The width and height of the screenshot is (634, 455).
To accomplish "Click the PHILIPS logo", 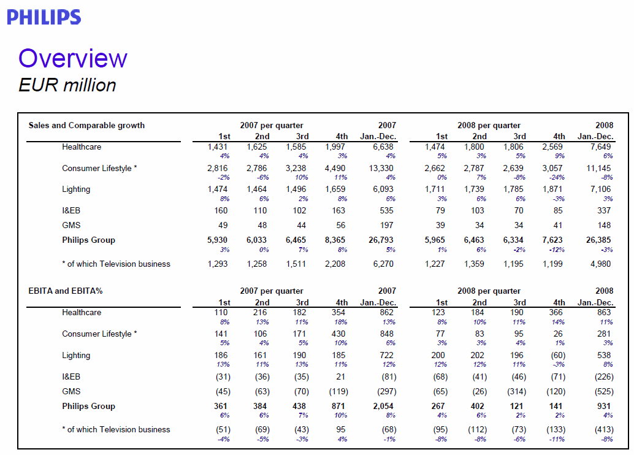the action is click(x=44, y=17).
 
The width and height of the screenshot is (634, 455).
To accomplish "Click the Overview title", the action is click(x=73, y=58).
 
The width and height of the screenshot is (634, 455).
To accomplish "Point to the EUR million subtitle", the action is click(x=67, y=85).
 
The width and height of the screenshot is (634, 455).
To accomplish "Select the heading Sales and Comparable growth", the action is click(x=86, y=125).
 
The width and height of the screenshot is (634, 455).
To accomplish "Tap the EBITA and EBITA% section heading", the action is click(x=66, y=291).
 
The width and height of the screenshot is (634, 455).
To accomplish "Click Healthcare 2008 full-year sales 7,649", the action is click(x=600, y=147).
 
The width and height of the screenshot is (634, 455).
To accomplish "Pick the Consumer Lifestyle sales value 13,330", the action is click(x=381, y=168).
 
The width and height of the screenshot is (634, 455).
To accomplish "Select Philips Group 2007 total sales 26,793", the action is click(x=381, y=240).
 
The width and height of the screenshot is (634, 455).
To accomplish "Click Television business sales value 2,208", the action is click(x=335, y=264).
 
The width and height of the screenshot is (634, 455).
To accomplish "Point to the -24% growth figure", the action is click(x=556, y=178).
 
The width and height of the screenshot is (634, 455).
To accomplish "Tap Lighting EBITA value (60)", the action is click(x=558, y=356).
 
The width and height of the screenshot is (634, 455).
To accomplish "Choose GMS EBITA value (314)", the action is click(x=517, y=391).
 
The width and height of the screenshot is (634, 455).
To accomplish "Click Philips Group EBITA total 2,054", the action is click(x=383, y=406).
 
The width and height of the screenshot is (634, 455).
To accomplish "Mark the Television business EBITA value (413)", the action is click(x=604, y=429).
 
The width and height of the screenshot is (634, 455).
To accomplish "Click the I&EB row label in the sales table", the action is click(x=71, y=211).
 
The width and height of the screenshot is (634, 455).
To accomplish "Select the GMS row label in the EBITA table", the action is click(x=71, y=391).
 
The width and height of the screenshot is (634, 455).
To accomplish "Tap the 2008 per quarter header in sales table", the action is click(x=489, y=125).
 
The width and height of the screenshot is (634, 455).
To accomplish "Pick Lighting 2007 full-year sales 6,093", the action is click(x=383, y=189).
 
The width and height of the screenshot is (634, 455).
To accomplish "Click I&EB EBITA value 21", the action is click(x=341, y=377).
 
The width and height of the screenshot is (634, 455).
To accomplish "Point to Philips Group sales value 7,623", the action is click(x=552, y=240).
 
